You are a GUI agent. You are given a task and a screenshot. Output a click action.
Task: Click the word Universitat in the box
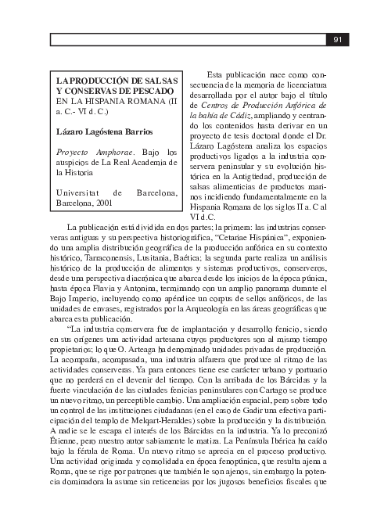(x=77, y=192)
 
